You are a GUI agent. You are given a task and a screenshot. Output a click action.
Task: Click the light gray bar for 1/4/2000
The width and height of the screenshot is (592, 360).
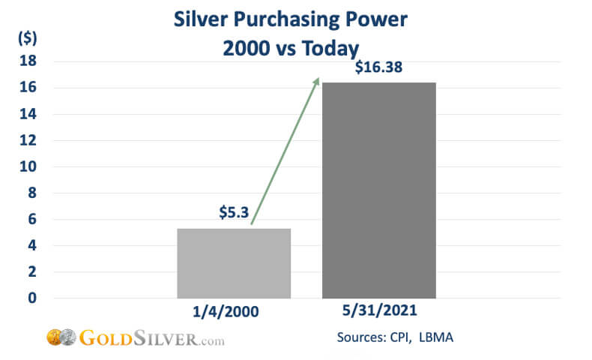point(234,263)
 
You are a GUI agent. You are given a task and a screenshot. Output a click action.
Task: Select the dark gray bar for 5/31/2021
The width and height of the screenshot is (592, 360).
point(378,190)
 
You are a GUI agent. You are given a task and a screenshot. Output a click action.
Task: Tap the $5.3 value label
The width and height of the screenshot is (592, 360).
point(234,214)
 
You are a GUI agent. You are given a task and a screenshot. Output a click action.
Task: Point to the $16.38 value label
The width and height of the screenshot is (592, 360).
point(378,67)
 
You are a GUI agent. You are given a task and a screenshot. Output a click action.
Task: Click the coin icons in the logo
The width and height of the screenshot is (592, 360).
point(60,337)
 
